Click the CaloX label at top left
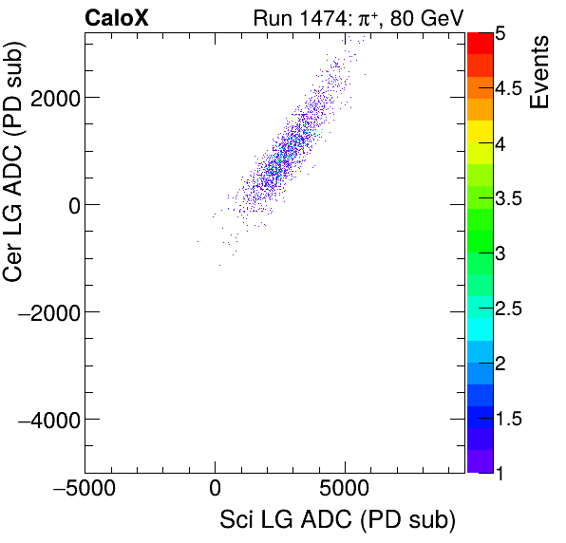116,17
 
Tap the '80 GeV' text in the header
426,17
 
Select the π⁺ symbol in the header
367,17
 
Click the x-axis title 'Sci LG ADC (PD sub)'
337,519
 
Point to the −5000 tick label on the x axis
85,490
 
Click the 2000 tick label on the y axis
55,97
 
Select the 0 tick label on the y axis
69,204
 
